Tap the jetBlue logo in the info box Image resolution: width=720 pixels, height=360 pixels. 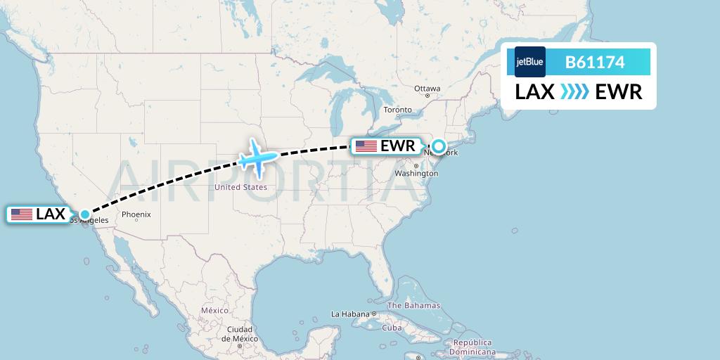point(529,62)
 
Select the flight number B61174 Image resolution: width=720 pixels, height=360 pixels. point(595,63)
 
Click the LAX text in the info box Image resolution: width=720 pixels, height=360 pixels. point(535,92)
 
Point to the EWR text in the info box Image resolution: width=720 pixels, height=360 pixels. point(618,92)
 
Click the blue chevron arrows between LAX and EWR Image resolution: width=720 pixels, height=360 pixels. point(575,92)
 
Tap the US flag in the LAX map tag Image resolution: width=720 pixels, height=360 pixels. point(22,214)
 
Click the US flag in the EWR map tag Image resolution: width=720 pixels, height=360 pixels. point(366,146)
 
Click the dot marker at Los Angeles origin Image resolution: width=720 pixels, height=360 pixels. point(84,214)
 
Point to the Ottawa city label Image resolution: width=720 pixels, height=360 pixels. point(427,89)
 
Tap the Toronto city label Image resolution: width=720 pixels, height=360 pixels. point(397,110)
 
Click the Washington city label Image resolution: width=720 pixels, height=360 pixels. point(416,173)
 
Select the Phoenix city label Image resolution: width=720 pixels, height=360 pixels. point(136,214)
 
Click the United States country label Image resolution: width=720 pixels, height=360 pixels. point(240,187)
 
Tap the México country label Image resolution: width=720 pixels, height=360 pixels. point(214,310)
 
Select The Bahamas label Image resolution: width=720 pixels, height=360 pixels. point(413,305)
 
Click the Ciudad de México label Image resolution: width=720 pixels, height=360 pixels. point(239,334)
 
